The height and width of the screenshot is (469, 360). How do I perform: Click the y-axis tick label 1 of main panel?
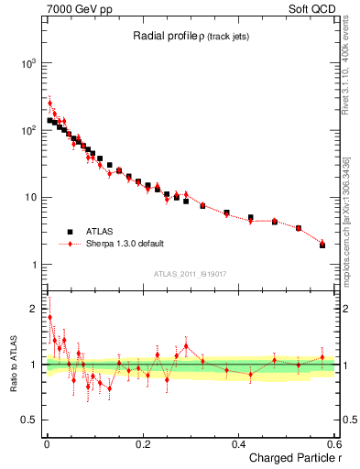[33, 265]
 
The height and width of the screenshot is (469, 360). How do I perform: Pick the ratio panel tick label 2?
[33, 309]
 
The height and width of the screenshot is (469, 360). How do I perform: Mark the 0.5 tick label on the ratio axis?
[27, 420]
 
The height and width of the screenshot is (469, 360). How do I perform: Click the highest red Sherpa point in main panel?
[50, 103]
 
